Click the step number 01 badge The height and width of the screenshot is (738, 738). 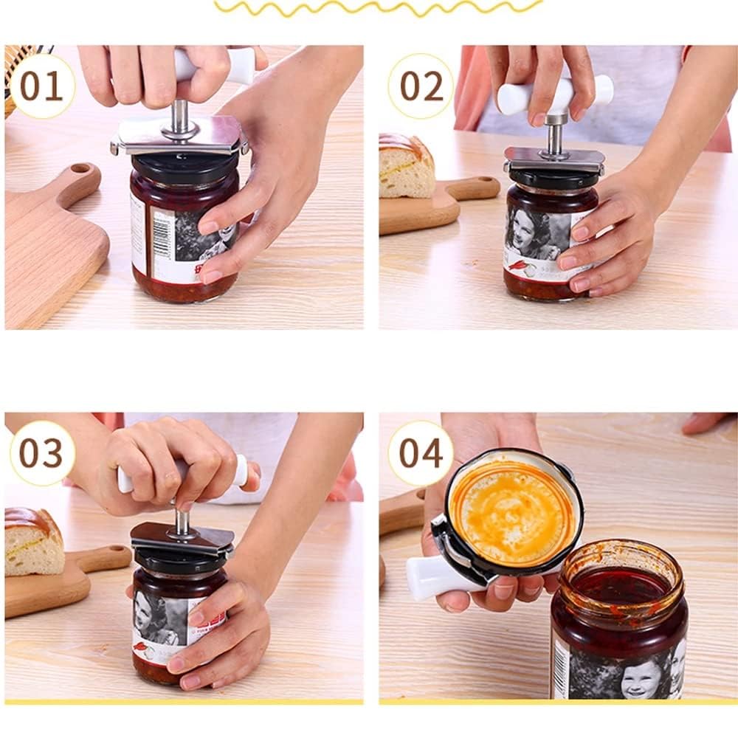42,86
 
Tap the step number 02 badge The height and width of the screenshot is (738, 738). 421,86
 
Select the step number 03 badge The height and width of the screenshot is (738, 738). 42,453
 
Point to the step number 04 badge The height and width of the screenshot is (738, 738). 421,453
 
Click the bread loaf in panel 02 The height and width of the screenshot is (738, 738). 405,166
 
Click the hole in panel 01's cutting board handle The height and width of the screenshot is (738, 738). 82,169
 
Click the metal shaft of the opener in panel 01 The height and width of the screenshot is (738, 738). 179,118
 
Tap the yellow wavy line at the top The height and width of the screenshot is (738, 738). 376,7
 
